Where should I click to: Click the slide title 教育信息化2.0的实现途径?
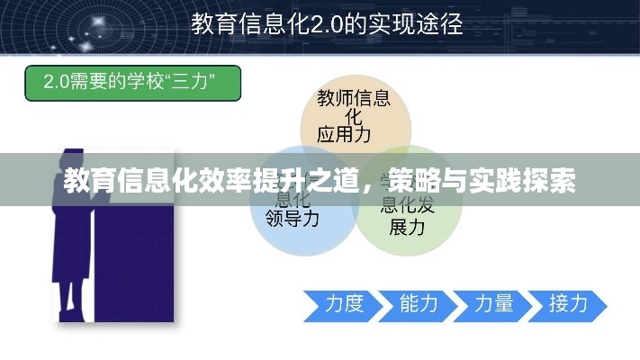(327, 23)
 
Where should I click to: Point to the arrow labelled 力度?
(337, 305)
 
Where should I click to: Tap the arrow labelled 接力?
(566, 305)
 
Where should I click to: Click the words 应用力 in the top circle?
(344, 135)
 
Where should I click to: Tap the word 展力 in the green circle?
(406, 227)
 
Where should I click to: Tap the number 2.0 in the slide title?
(317, 24)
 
